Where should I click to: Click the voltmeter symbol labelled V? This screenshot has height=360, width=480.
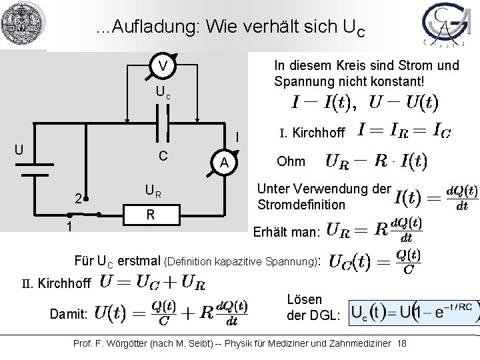163,67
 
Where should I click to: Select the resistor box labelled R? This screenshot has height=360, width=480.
151,215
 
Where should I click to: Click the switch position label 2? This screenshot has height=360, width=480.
77,198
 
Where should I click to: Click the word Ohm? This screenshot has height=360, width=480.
291,161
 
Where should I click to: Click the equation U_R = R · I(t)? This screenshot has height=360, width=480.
376,161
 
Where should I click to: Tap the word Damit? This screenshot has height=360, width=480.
67,313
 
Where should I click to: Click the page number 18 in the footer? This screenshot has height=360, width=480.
401,343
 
